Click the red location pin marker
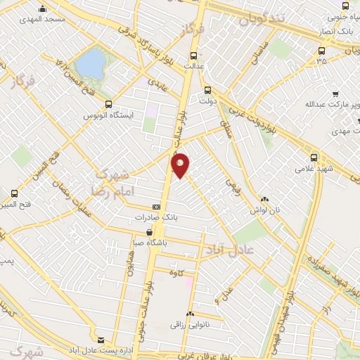[x=181, y=165]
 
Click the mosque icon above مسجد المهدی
[x=44, y=8]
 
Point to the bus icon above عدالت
[x=194, y=55]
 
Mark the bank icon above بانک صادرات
[x=156, y=207]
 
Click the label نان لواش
[x=265, y=210]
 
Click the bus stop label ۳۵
[x=322, y=61]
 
